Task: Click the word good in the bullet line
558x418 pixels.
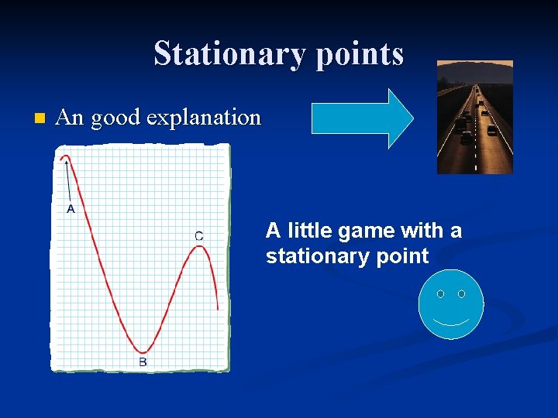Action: tap(115, 118)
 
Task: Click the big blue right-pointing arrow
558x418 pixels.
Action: tap(363, 118)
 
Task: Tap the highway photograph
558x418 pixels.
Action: tap(474, 117)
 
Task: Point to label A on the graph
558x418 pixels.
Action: tap(71, 208)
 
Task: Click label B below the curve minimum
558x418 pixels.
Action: tap(143, 361)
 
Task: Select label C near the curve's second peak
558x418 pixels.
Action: tap(199, 235)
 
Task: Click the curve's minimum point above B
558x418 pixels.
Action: tap(143, 351)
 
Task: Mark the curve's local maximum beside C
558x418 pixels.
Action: tap(200, 247)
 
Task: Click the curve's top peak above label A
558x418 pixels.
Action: tap(66, 157)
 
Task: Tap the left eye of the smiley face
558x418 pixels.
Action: tap(440, 294)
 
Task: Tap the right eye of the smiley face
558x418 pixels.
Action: tap(461, 294)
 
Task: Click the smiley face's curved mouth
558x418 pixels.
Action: tap(451, 321)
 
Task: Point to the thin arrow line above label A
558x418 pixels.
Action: tap(69, 182)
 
